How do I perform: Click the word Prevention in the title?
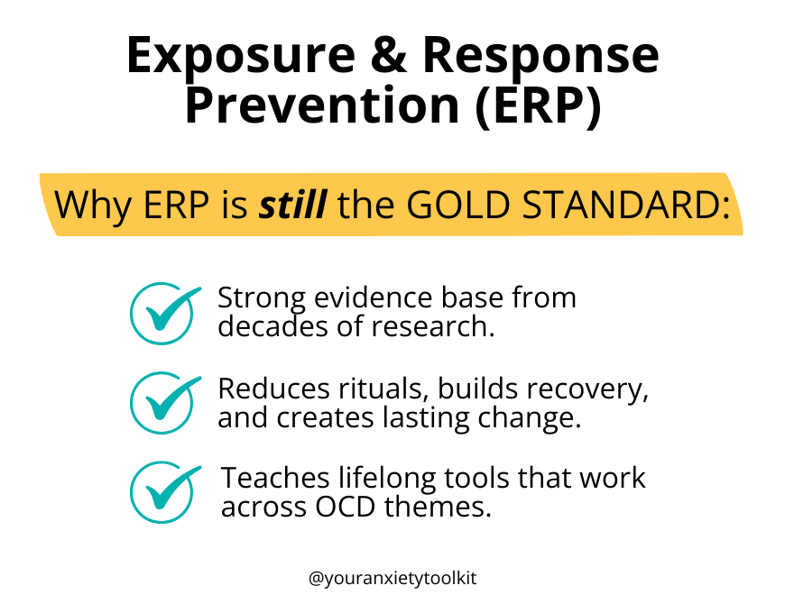click(322, 104)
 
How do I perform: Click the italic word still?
click(293, 204)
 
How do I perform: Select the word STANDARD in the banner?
click(622, 205)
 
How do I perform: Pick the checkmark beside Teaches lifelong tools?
click(164, 492)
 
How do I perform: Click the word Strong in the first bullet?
click(262, 299)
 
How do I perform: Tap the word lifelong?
click(387, 480)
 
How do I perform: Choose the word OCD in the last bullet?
click(346, 507)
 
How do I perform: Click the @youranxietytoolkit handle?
click(392, 579)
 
